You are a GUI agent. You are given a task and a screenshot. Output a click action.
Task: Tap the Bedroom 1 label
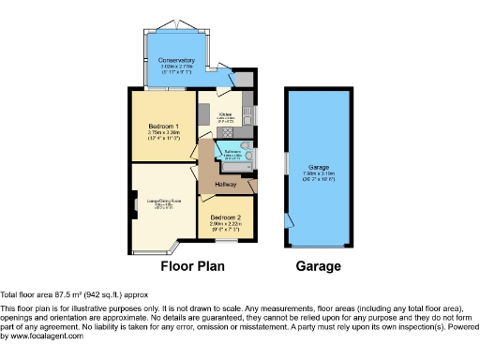point(164,126)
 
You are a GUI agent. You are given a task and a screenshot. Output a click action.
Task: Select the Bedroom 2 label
point(228,216)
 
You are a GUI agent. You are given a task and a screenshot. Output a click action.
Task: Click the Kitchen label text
point(225,115)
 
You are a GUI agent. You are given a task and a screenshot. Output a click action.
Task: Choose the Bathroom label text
point(232,150)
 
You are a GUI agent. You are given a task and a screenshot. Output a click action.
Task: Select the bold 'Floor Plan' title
point(191,266)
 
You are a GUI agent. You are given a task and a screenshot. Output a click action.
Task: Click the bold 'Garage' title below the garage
point(318,266)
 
